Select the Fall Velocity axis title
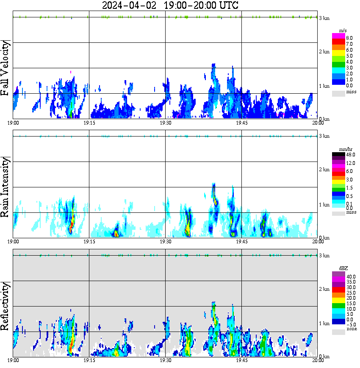(x=6, y=68)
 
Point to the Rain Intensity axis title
(x=6, y=187)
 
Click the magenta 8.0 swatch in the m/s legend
(x=338, y=38)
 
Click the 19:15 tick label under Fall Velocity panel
(x=89, y=123)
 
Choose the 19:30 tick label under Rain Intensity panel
(x=165, y=241)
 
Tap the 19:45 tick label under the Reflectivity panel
(x=241, y=360)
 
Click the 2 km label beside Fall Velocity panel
(x=324, y=52)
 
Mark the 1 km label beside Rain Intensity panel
(x=324, y=205)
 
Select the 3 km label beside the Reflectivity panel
(x=324, y=256)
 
